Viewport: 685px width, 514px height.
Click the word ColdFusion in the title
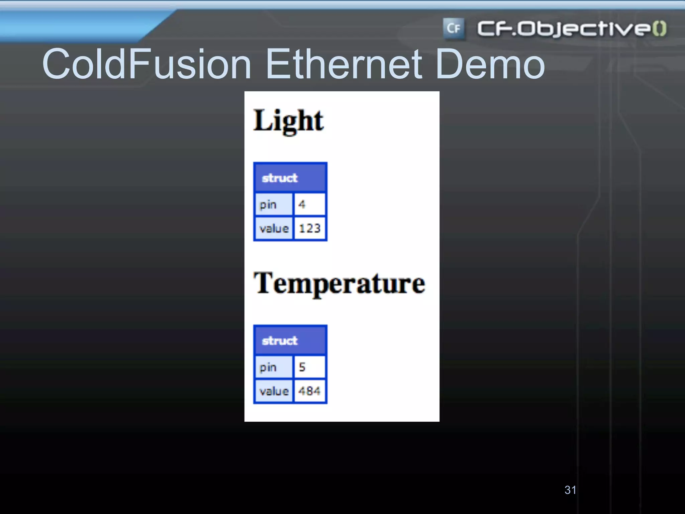(x=146, y=64)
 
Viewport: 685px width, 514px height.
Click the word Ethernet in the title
(x=344, y=64)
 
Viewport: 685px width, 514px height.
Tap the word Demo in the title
(x=490, y=64)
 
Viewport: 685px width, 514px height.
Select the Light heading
(x=288, y=121)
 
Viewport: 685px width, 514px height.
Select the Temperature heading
(x=339, y=283)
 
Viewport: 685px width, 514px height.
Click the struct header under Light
(x=290, y=178)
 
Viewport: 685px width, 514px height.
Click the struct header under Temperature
(x=290, y=340)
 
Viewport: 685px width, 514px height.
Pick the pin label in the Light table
(x=273, y=204)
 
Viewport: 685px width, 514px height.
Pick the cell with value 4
(x=309, y=204)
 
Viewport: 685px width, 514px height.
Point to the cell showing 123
(x=309, y=228)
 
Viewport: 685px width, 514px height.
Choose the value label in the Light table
(x=274, y=228)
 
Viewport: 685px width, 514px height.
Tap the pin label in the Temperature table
(x=273, y=367)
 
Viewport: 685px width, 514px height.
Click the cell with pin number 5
(x=309, y=367)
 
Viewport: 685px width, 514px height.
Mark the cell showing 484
(x=309, y=391)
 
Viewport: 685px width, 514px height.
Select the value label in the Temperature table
(x=274, y=391)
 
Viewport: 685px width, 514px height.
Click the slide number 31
(x=570, y=490)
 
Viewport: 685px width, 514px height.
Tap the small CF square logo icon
(x=454, y=28)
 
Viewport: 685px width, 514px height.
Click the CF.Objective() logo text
(x=565, y=28)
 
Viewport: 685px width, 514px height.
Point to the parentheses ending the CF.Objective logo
(x=660, y=28)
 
